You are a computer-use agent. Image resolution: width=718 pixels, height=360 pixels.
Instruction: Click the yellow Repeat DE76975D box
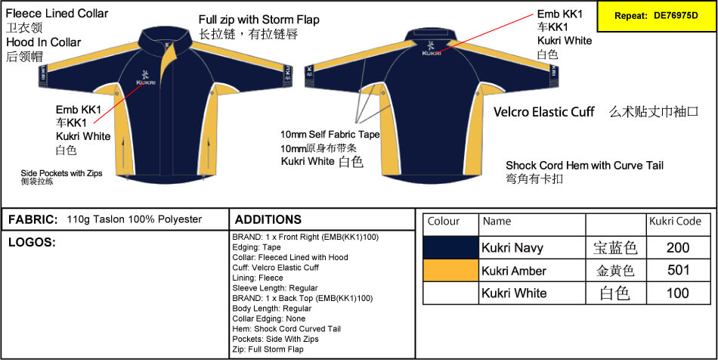tap(657, 16)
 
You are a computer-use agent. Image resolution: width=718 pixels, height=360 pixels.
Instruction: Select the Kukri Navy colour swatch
tap(450, 247)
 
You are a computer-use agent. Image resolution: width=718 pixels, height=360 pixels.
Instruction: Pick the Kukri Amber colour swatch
tap(450, 270)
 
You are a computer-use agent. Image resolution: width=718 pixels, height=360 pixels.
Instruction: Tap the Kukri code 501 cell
tap(678, 270)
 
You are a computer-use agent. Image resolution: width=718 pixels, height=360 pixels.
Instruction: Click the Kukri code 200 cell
tap(678, 248)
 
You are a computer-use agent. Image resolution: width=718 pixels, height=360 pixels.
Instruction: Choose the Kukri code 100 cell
tap(678, 293)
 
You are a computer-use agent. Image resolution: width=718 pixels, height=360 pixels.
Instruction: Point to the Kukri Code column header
tap(675, 222)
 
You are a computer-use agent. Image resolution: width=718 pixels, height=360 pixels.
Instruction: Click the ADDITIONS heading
tap(268, 219)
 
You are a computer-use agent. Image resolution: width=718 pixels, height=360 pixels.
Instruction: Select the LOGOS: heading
tap(32, 243)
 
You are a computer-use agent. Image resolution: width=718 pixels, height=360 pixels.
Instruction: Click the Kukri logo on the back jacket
tap(431, 48)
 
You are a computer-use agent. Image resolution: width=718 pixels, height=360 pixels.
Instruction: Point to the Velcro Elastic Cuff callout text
tap(544, 112)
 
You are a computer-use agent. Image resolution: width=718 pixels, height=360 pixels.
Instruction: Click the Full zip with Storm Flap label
tap(259, 20)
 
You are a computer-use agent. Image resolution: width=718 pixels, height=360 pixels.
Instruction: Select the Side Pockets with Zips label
tap(61, 174)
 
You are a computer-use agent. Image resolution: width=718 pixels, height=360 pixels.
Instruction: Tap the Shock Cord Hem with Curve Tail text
tap(585, 166)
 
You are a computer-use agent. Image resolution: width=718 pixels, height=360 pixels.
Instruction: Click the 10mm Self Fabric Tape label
tap(330, 135)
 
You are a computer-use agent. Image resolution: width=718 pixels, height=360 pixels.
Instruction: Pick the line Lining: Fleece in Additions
tap(258, 278)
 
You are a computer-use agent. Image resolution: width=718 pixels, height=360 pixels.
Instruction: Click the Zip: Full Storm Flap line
tap(268, 349)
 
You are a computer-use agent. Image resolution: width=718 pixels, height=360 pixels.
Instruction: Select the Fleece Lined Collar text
tap(57, 14)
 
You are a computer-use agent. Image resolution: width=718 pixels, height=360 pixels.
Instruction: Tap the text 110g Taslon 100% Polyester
tap(135, 219)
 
